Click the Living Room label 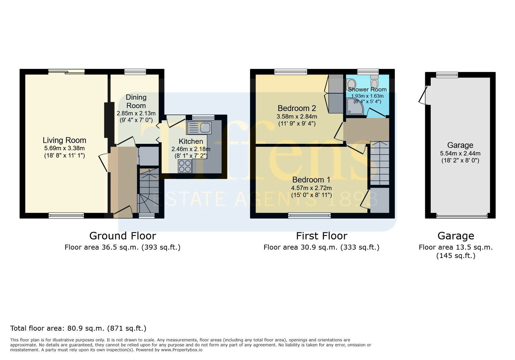pos(64,140)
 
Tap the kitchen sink pos(199,128)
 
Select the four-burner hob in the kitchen pos(185,166)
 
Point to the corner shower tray pos(355,106)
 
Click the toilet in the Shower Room pos(374,81)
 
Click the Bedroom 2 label pos(297,108)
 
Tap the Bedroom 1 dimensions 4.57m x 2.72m pos(311,188)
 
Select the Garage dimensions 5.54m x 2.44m pos(460,153)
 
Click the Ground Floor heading pos(123,236)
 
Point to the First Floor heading pos(322,236)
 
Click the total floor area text pos(78,328)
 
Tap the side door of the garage pos(424,95)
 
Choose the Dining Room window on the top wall pos(135,72)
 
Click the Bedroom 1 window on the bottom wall pos(309,215)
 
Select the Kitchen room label pos(191,141)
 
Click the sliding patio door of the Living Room pos(66,72)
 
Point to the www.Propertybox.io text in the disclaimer pos(182,350)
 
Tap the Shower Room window pos(368,72)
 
